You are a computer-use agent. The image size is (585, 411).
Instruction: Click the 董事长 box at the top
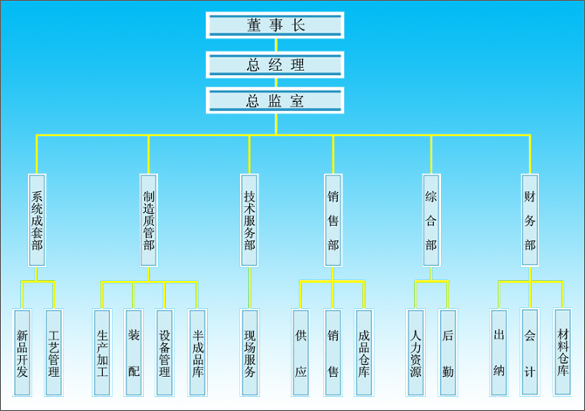pos(275,24)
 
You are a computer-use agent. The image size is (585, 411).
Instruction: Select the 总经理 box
pos(275,64)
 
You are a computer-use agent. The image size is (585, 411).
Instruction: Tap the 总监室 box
pos(275,99)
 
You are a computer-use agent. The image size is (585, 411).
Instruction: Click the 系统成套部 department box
pos(37,220)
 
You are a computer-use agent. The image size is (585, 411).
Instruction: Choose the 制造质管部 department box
pos(148,220)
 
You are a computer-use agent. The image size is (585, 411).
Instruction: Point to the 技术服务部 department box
pos(250,220)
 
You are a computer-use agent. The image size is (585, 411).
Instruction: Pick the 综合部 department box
pos(430,220)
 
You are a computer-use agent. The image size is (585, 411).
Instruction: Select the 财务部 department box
pos(530,220)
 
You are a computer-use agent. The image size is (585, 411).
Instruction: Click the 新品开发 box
pos(22,352)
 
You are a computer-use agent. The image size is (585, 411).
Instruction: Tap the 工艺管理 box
pos(53,352)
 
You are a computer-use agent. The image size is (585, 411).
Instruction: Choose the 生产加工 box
pos(101,352)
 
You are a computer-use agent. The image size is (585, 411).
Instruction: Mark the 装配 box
pos(133,352)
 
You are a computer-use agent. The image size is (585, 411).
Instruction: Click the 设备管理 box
pos(164,352)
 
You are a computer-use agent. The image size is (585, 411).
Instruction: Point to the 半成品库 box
pos(197,352)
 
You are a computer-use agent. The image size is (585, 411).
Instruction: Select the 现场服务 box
pos(250,352)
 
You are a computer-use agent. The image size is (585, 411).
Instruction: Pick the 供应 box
pos(300,352)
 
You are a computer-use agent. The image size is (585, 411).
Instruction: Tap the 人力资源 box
pos(416,352)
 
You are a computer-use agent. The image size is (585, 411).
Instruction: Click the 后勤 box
pos(447,352)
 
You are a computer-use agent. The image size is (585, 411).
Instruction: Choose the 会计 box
pos(530,352)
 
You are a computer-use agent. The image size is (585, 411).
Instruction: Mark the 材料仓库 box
pos(562,352)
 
